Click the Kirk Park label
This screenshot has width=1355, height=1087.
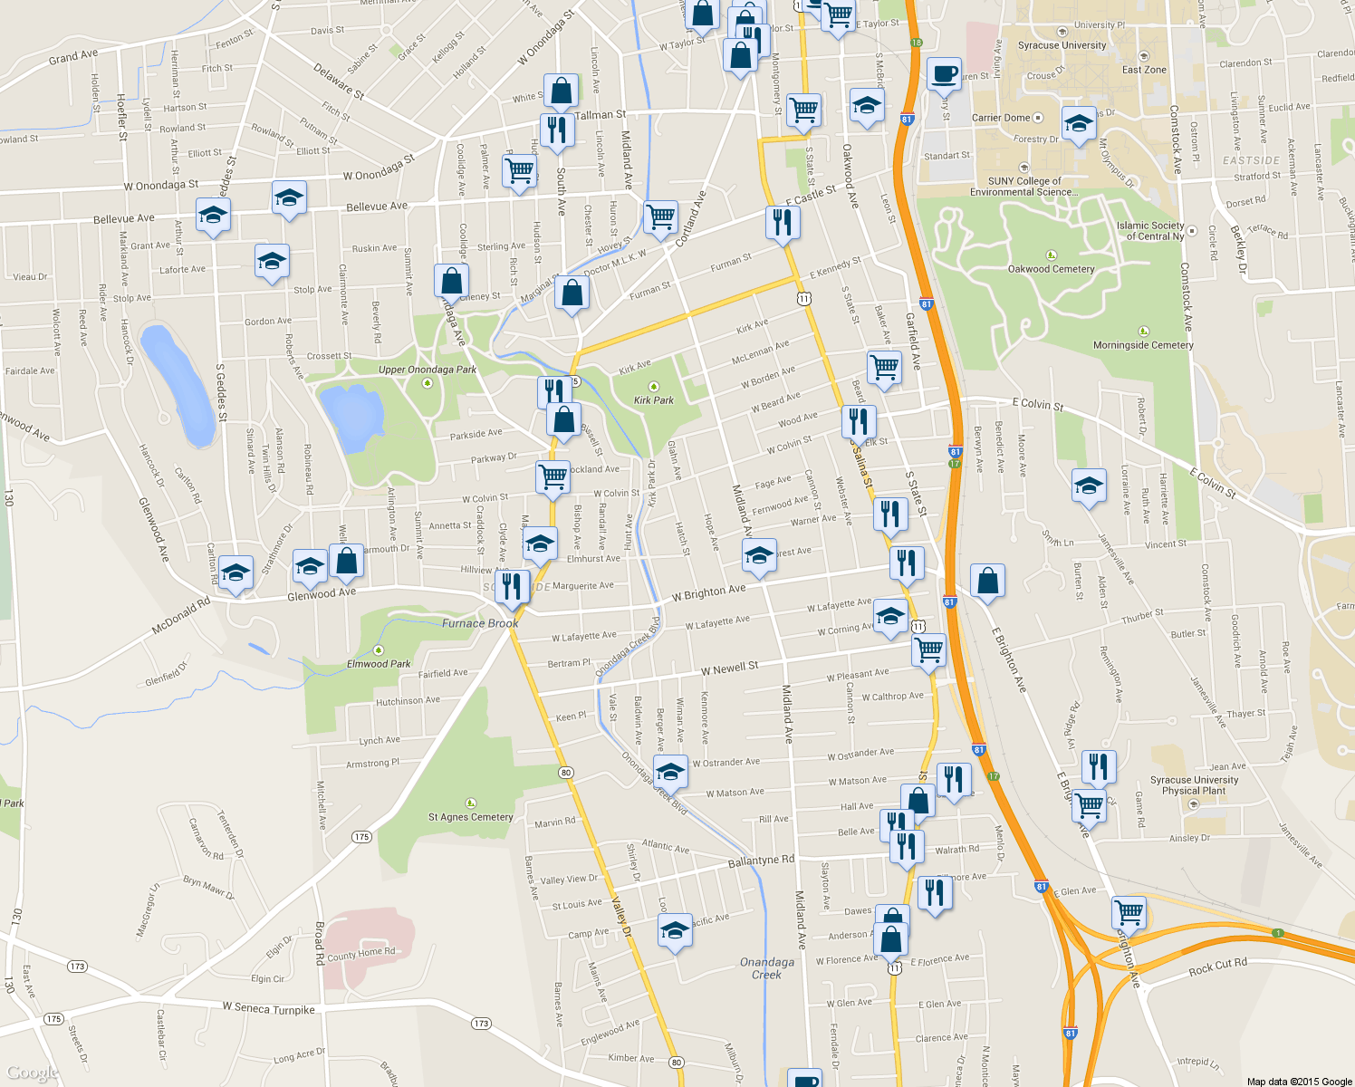[x=654, y=399]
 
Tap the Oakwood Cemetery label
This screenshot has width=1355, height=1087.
[x=1051, y=269]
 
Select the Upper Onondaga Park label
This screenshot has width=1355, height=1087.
[x=428, y=370]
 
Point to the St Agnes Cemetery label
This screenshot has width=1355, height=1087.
[x=471, y=817]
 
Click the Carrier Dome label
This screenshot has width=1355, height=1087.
[x=1001, y=118]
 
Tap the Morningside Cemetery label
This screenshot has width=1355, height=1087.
[x=1143, y=345]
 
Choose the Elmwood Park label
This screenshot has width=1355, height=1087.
[x=379, y=664]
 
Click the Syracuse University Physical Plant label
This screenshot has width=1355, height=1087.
[x=1194, y=785]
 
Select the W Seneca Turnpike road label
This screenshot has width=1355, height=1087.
[x=269, y=1008]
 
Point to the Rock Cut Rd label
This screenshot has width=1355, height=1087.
[x=1217, y=967]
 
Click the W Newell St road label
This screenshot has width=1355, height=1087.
[x=730, y=669]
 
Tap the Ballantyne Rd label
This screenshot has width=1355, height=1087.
[x=761, y=861]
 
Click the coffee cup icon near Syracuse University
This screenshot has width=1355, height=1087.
[x=944, y=75]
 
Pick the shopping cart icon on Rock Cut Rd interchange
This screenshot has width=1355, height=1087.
[x=1129, y=912]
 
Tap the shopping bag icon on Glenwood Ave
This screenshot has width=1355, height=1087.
[x=346, y=562]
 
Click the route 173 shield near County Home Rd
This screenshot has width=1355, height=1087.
[x=77, y=967]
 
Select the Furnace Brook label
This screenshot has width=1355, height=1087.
[x=480, y=623]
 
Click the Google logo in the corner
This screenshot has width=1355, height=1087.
[x=31, y=1073]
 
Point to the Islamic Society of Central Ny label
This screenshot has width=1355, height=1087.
[x=1150, y=231]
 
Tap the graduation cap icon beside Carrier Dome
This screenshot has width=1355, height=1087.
[x=1078, y=125]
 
